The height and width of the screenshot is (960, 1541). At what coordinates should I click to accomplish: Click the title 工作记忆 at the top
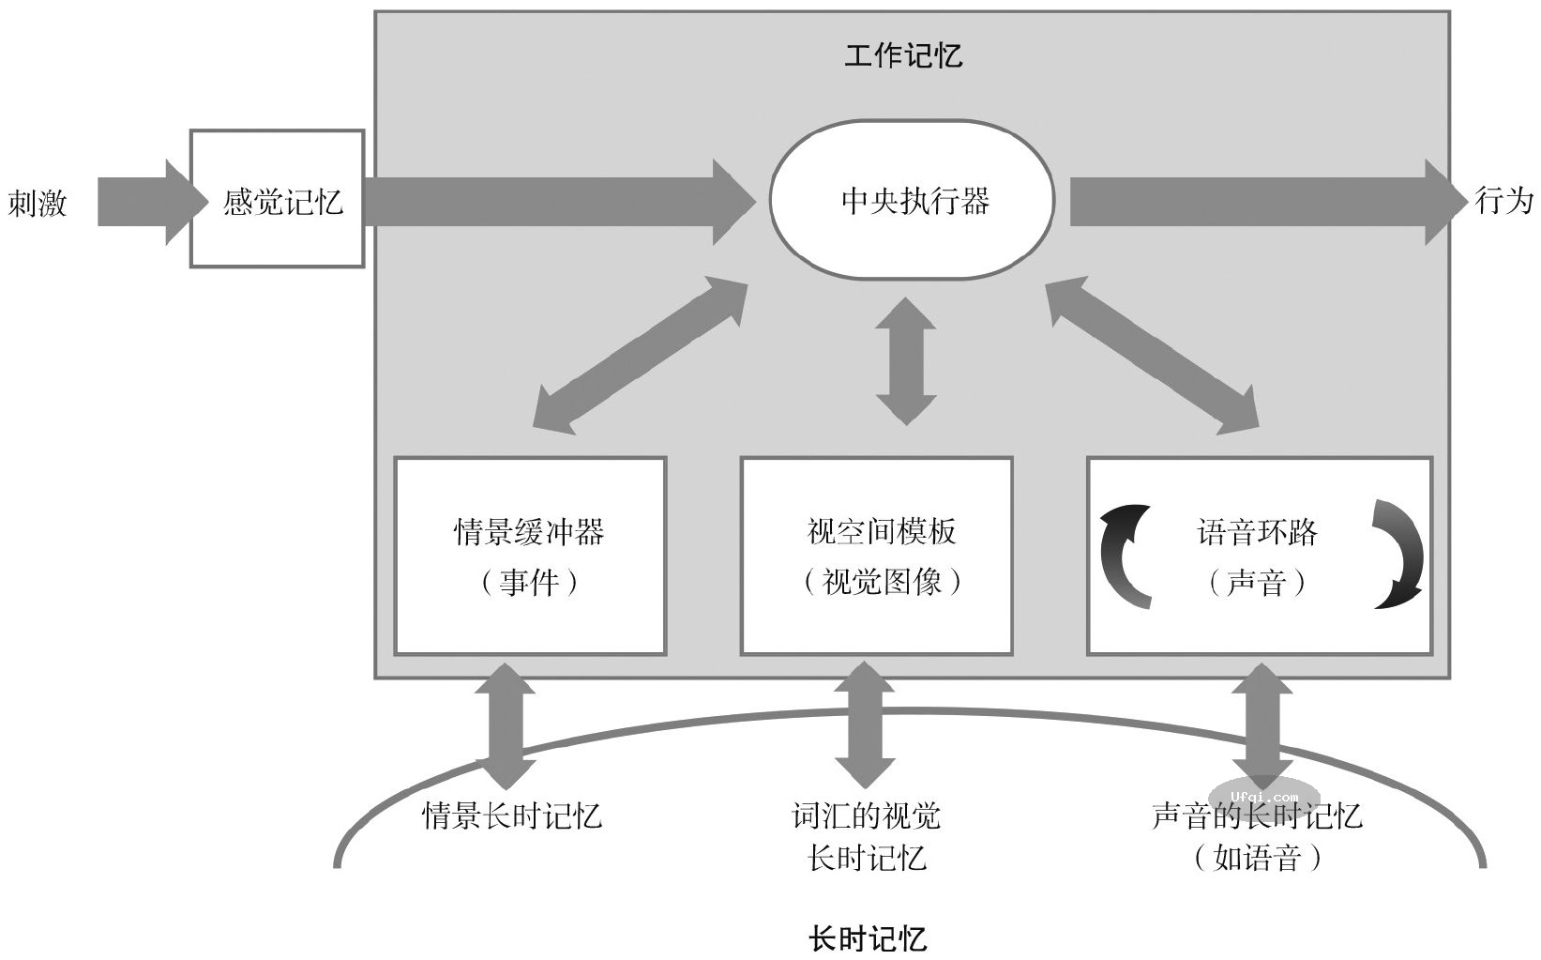[x=902, y=54]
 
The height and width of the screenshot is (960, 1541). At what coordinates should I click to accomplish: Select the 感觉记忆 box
[x=278, y=200]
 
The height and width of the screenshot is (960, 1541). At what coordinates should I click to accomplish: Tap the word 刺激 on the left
[x=38, y=202]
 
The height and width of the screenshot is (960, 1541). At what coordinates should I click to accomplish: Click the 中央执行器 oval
[x=912, y=201]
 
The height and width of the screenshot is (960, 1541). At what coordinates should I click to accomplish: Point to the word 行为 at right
[x=1503, y=200]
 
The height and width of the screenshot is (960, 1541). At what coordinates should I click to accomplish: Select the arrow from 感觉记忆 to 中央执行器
[x=553, y=202]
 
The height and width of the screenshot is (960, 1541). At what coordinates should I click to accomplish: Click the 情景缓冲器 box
[x=529, y=556]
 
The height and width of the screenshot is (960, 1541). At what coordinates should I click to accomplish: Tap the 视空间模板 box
[x=878, y=556]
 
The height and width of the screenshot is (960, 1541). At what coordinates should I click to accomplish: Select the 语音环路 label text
[x=1257, y=532]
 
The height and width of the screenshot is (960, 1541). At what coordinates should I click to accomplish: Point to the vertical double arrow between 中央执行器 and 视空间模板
[x=905, y=361]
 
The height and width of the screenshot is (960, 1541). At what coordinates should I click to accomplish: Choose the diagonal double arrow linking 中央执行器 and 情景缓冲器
[x=640, y=355]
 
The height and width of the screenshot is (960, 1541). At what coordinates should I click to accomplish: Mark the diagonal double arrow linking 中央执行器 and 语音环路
[x=1152, y=355]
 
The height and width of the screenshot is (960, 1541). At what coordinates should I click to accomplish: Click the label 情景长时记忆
[x=511, y=815]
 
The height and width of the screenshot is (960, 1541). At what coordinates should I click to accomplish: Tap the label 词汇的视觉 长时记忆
[x=866, y=835]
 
